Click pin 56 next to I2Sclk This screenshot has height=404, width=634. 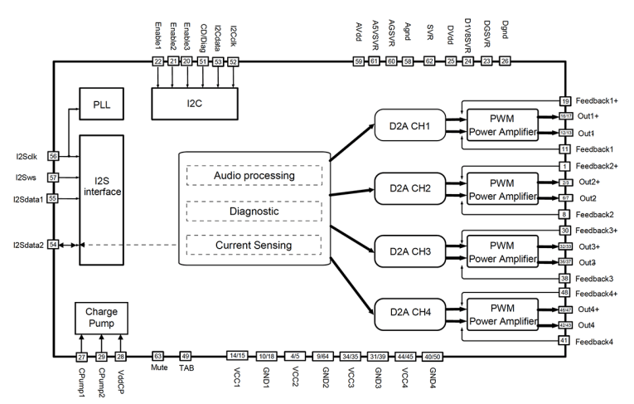(54, 155)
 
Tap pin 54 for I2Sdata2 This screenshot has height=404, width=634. (54, 245)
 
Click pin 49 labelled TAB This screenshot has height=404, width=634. (186, 356)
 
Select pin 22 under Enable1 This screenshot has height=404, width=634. (158, 61)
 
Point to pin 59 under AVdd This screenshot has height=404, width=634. (359, 61)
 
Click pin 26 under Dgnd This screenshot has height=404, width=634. (505, 61)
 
